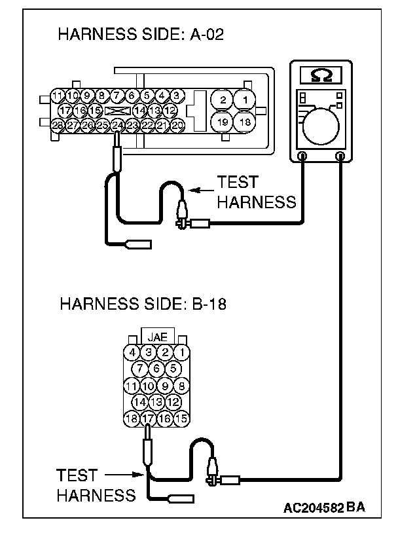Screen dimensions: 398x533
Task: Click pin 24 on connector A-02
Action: [x=117, y=124]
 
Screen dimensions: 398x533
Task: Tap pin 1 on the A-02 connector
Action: [x=244, y=100]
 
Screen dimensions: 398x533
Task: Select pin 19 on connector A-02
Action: [x=223, y=122]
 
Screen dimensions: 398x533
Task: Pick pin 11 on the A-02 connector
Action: [x=58, y=97]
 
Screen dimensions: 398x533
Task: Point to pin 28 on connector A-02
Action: [x=58, y=124]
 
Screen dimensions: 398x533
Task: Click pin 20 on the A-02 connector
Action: [x=177, y=124]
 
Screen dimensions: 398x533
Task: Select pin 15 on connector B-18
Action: [x=181, y=417]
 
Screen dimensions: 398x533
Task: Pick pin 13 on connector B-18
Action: [x=156, y=401]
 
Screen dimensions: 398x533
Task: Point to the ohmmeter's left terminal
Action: [x=302, y=156]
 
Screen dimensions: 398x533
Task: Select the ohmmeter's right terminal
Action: [x=340, y=156]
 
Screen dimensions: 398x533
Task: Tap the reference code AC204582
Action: [x=314, y=508]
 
